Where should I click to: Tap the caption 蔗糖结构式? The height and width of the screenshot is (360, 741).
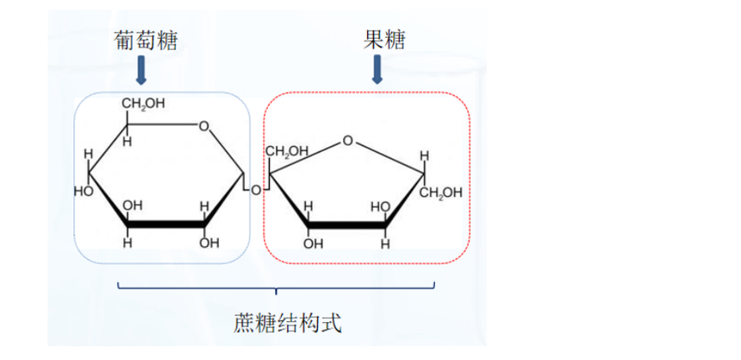click(x=288, y=324)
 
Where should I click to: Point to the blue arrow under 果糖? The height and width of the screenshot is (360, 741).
click(x=377, y=71)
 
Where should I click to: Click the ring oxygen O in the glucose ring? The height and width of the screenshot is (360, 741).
click(x=203, y=127)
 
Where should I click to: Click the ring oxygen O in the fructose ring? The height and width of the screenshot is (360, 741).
click(x=347, y=140)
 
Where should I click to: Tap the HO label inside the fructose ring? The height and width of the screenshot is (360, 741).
click(x=380, y=208)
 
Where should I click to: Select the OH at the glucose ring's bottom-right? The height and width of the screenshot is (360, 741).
click(x=209, y=243)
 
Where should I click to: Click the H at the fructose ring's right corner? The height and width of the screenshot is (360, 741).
click(x=423, y=156)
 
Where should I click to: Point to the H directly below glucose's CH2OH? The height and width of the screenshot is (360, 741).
click(x=127, y=141)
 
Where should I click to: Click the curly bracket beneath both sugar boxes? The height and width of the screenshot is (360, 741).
click(x=276, y=288)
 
